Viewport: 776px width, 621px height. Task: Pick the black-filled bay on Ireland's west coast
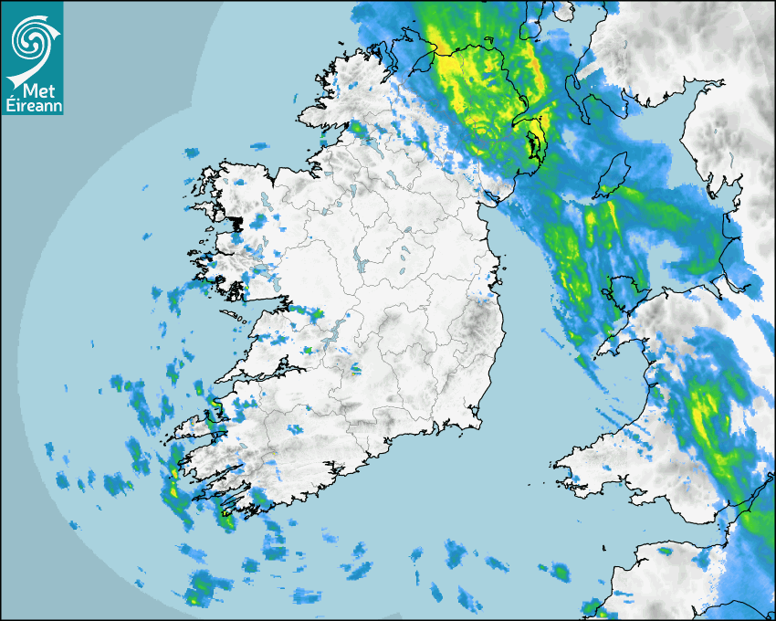[237, 223]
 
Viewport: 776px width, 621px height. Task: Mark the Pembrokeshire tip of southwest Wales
[559, 475]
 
